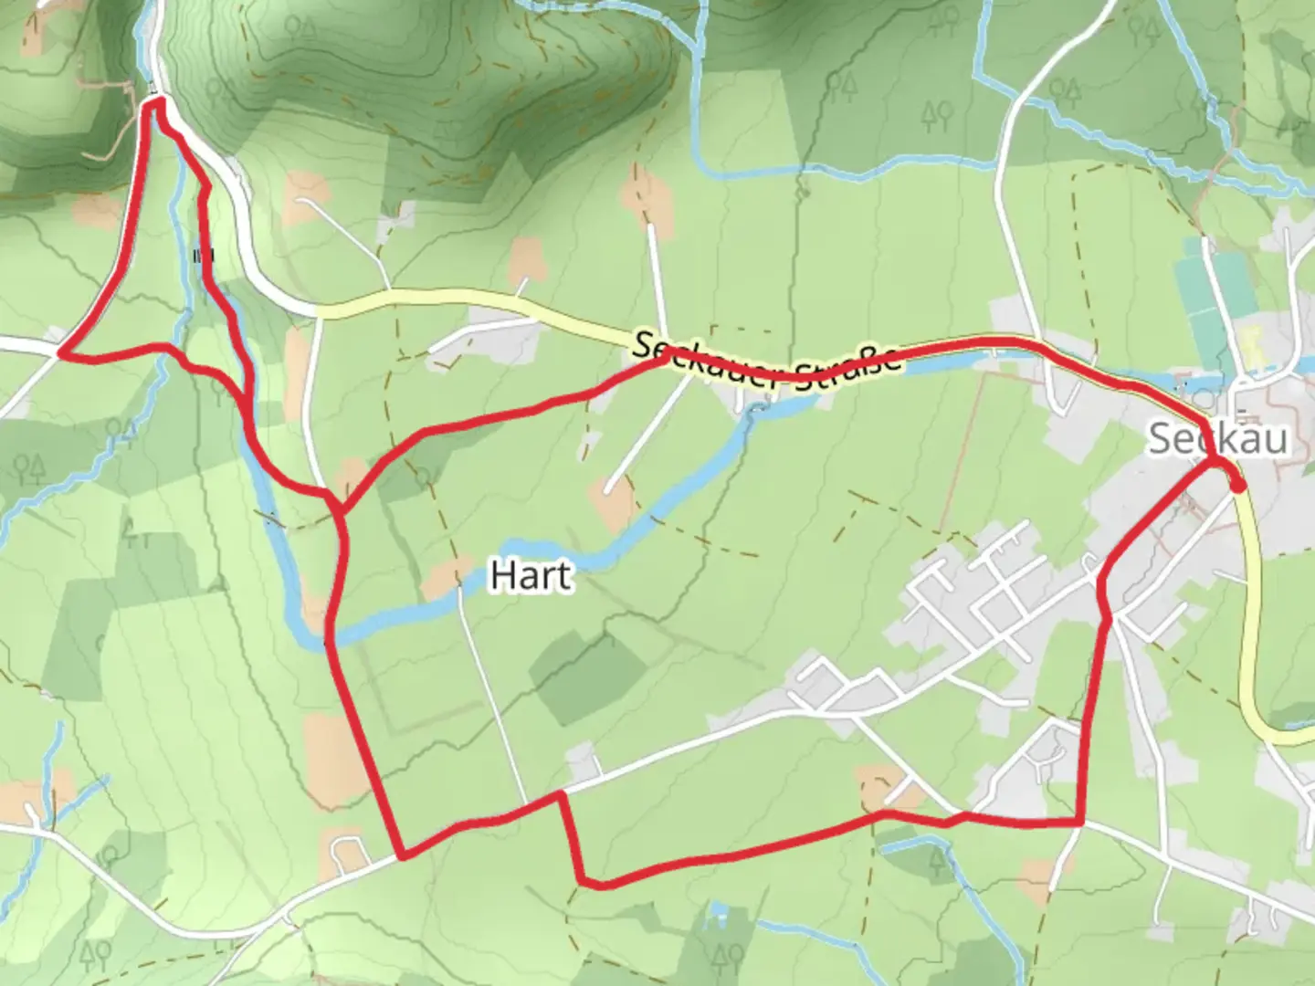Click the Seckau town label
click(x=1218, y=439)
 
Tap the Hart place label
click(x=531, y=576)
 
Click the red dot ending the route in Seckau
click(x=1236, y=486)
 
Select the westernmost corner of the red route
click(x=61, y=351)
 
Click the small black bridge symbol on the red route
click(x=203, y=255)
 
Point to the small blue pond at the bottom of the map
click(x=719, y=909)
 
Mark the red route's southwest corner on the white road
click(x=402, y=856)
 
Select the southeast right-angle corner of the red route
click(x=1081, y=823)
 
